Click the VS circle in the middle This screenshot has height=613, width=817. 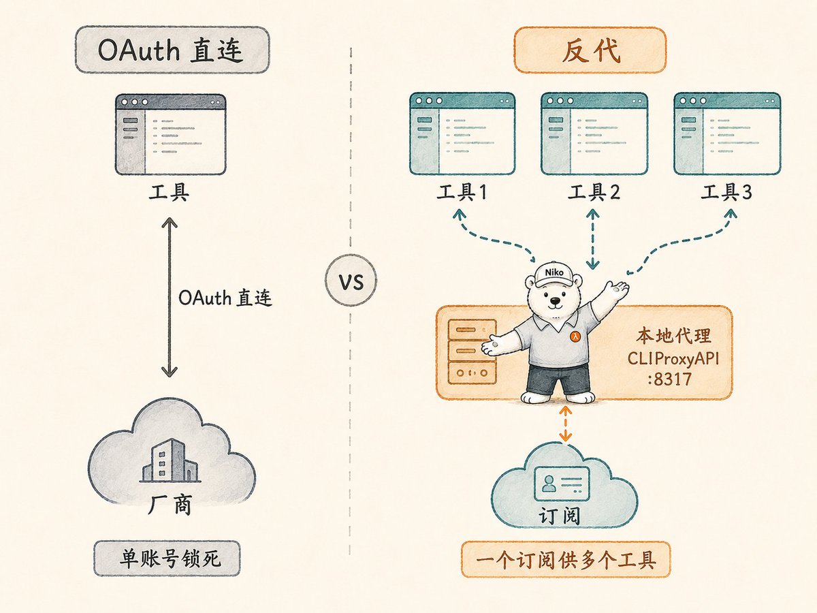(x=351, y=280)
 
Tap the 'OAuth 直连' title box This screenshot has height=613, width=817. (x=172, y=50)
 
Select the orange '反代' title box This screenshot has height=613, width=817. (x=590, y=50)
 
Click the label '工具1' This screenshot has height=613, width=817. (x=462, y=193)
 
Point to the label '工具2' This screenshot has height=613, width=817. (x=594, y=193)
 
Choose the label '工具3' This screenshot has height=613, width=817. (x=726, y=193)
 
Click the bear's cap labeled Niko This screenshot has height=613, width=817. (x=554, y=274)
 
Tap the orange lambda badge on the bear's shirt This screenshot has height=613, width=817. (x=575, y=336)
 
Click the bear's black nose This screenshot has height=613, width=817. (x=555, y=300)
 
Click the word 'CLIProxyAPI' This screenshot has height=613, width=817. (x=673, y=359)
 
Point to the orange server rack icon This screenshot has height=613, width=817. (x=472, y=351)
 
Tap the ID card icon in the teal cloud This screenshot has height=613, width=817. (x=562, y=484)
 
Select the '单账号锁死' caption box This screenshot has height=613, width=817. (x=167, y=559)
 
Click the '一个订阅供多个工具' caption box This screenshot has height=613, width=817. (x=566, y=560)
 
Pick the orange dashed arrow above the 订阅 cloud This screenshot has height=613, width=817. (x=565, y=424)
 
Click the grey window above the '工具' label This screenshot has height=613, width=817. (x=170, y=134)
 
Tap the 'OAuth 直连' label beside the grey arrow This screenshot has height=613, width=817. (x=225, y=298)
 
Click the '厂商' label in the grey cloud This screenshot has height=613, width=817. (x=170, y=505)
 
